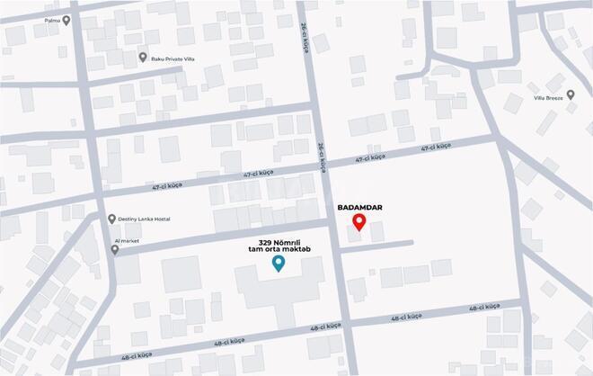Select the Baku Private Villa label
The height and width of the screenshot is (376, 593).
click(x=173, y=59)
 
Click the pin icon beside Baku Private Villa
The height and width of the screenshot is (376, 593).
click(x=143, y=58)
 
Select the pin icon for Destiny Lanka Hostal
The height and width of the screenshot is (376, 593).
click(x=111, y=219)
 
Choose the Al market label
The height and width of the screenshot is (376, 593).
click(x=128, y=242)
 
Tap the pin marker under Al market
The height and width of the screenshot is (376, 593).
click(x=114, y=250)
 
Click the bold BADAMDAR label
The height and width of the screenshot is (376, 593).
click(x=359, y=207)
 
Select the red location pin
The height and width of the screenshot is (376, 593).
click(x=358, y=222)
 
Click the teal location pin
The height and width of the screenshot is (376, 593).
click(x=279, y=263)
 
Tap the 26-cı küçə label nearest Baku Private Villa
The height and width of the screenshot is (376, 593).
click(x=305, y=39)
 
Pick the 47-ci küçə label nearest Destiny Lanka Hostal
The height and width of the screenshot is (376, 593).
click(x=257, y=174)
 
